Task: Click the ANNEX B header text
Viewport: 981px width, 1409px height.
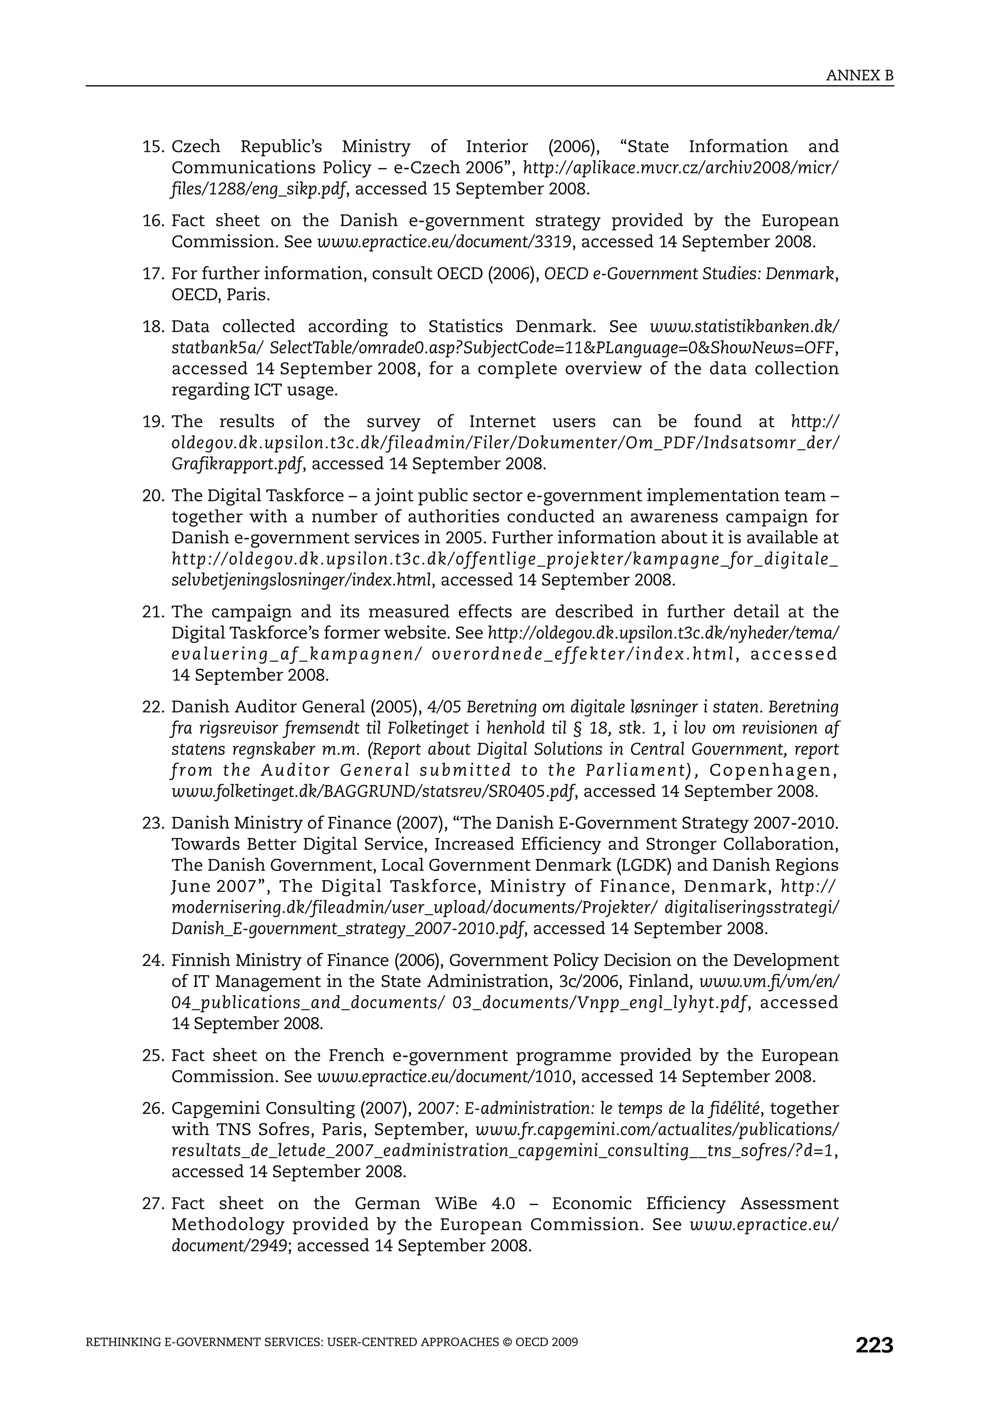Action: pyautogui.click(x=859, y=76)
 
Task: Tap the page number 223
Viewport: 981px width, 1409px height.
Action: pyautogui.click(x=874, y=1345)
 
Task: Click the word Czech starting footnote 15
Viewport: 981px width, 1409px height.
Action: pyautogui.click(x=196, y=147)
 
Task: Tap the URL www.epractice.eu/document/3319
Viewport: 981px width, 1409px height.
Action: pyautogui.click(x=445, y=242)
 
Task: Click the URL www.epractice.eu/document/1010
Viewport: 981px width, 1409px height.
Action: pyautogui.click(x=445, y=1077)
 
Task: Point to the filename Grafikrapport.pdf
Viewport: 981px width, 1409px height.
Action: pyautogui.click(x=237, y=464)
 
